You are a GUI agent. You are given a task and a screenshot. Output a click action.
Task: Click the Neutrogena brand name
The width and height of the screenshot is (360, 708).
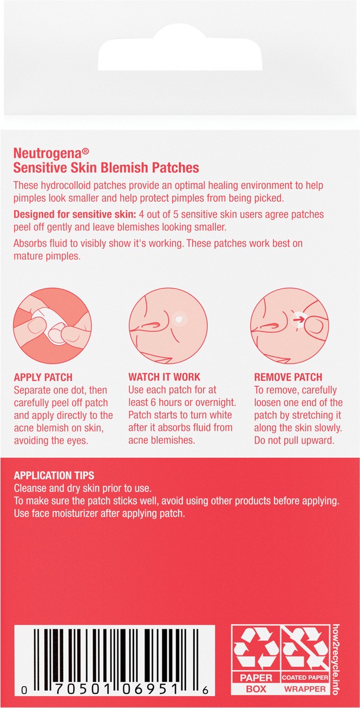tap(47, 153)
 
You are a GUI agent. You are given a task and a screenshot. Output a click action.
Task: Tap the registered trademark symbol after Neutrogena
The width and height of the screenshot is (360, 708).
tap(86, 152)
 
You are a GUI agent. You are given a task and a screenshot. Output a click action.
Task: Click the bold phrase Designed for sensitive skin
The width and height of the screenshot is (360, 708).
tap(74, 214)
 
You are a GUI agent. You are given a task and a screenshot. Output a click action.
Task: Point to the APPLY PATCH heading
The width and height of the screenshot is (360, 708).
tap(43, 377)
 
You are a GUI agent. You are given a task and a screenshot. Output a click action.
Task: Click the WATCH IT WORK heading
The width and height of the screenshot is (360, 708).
tap(164, 377)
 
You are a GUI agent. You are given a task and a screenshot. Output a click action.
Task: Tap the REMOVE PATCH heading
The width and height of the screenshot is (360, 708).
tap(288, 377)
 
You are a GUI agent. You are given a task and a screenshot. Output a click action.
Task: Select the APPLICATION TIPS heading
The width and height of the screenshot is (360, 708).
tap(54, 476)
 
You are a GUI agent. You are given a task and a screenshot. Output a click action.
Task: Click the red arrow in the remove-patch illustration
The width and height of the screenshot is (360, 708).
tap(299, 320)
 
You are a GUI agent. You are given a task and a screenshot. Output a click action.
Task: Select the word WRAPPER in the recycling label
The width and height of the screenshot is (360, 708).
tap(305, 689)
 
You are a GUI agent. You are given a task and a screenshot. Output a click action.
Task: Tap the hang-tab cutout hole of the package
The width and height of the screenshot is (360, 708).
tap(180, 50)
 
